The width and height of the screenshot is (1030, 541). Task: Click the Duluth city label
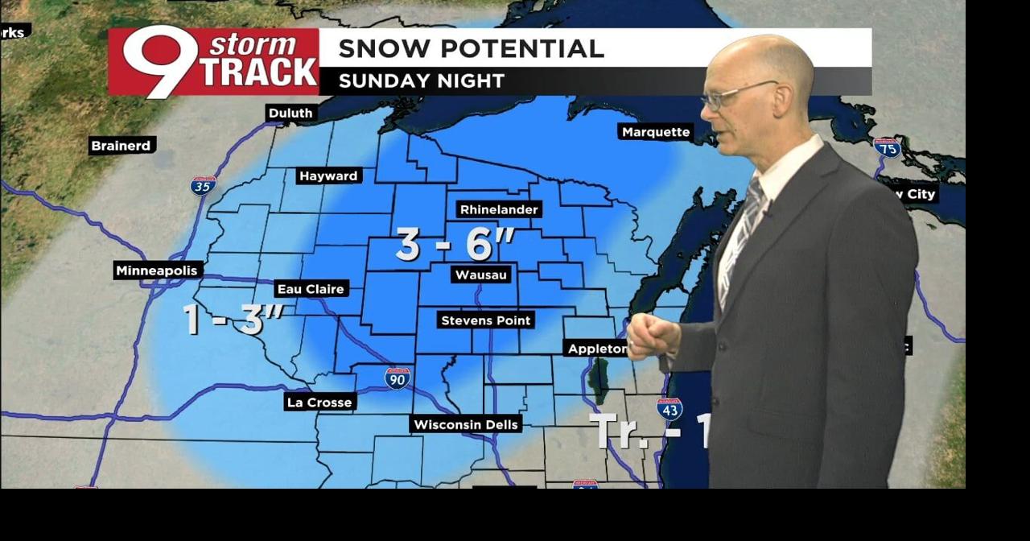click(290, 114)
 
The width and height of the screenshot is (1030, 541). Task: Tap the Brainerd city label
click(121, 146)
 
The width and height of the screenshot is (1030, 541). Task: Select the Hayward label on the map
click(328, 176)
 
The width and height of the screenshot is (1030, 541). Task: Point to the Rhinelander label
click(499, 209)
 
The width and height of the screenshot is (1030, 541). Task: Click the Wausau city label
click(481, 275)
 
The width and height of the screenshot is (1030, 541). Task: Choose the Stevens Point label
click(485, 320)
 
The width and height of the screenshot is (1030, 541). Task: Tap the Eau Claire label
click(311, 288)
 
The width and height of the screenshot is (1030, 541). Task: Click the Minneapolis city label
click(157, 270)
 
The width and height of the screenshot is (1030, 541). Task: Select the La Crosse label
click(319, 402)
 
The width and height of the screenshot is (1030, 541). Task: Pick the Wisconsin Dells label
click(466, 424)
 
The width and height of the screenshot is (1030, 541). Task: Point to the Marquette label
click(656, 132)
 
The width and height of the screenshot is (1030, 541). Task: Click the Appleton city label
click(597, 348)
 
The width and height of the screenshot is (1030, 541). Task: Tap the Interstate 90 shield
click(397, 378)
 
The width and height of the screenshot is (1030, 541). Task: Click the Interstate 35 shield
click(203, 186)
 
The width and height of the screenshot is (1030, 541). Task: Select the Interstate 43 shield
click(669, 409)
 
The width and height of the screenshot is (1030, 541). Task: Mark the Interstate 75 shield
click(887, 147)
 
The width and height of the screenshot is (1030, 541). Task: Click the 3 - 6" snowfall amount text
click(455, 245)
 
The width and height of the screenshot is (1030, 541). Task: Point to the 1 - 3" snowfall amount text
click(232, 320)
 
